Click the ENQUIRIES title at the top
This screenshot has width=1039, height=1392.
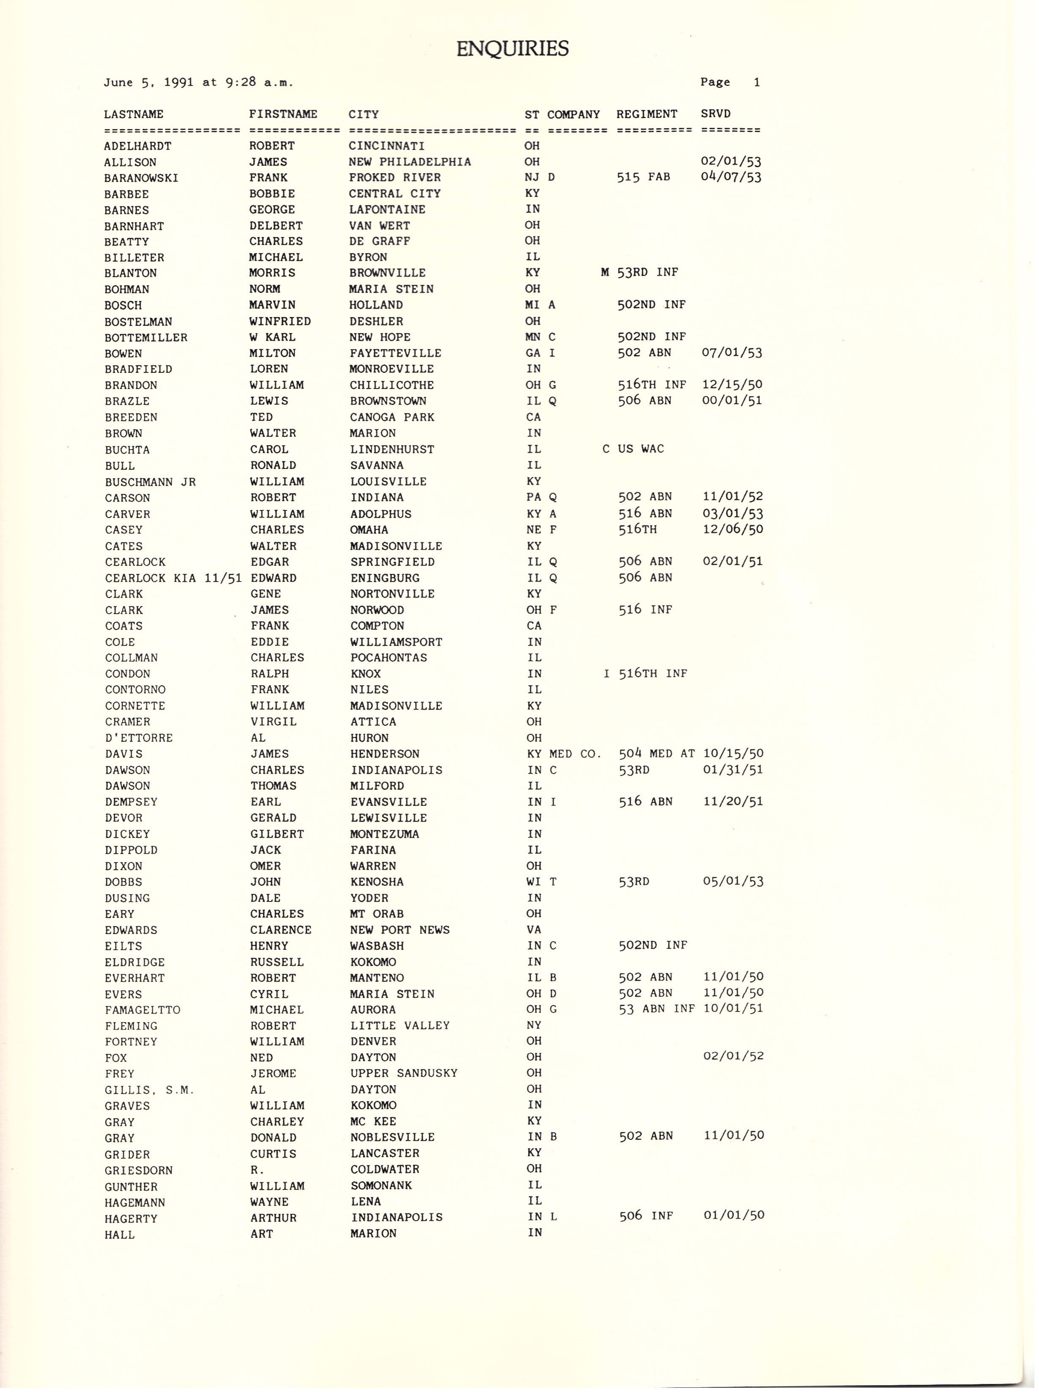pos(512,48)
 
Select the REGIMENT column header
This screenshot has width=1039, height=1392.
pos(647,114)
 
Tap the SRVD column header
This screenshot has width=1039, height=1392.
pos(716,114)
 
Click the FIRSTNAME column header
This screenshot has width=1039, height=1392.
pos(283,114)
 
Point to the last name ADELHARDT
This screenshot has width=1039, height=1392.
pos(137,146)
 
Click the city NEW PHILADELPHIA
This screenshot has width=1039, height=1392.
pos(409,162)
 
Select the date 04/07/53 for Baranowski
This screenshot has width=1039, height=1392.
pos(731,177)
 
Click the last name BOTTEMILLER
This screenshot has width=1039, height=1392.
pos(146,338)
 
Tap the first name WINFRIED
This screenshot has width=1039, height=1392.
pos(280,321)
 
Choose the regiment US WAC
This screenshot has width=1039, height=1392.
pos(641,449)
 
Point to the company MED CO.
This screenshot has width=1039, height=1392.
pos(575,753)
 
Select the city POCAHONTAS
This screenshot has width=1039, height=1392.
pos(389,657)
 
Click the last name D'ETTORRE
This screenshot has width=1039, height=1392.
pos(138,738)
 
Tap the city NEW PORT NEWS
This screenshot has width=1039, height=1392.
pos(400,930)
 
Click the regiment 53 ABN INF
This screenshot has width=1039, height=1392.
pos(656,1009)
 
